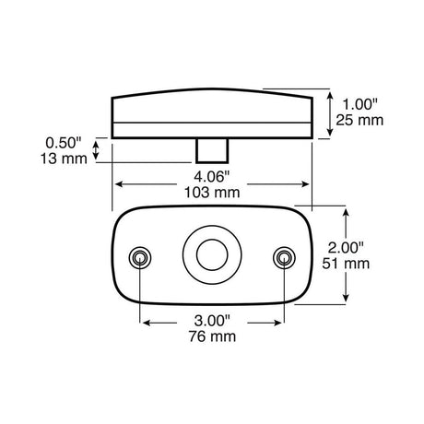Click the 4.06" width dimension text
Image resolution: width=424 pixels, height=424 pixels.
(212, 177)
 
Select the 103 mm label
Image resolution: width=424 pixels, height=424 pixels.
(212, 193)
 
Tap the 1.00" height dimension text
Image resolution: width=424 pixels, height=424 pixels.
(359, 104)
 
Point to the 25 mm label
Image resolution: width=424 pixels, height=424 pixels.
(359, 120)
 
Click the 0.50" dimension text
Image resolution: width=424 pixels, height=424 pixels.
(64, 143)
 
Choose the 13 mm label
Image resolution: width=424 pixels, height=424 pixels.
(64, 159)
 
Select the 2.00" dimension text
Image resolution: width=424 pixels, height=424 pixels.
(346, 248)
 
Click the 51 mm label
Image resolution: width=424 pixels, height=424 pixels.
(346, 264)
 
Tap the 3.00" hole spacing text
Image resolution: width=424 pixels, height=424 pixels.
(212, 321)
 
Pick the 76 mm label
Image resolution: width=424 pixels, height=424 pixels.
(212, 336)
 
